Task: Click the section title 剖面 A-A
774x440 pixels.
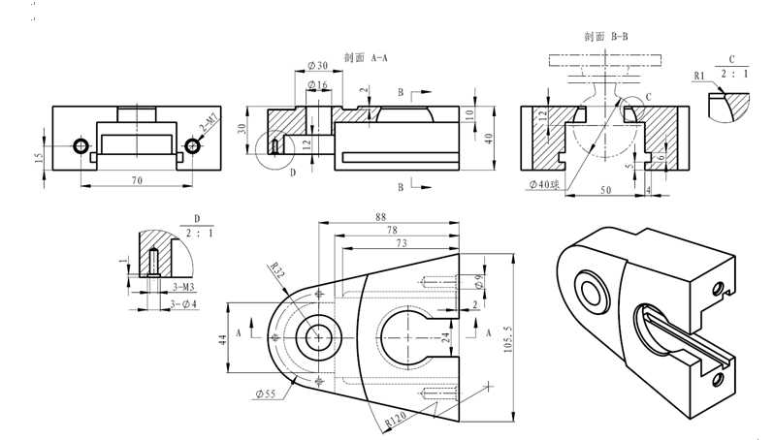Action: point(366,57)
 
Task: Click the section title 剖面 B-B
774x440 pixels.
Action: point(607,36)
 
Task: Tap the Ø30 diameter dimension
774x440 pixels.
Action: point(317,65)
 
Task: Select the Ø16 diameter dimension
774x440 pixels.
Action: point(317,85)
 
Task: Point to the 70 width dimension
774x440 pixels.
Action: point(136,179)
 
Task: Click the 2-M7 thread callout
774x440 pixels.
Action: point(209,123)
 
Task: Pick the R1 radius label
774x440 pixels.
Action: point(699,75)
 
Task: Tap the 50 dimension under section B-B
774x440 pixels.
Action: point(605,191)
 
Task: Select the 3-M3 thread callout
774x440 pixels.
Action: point(180,288)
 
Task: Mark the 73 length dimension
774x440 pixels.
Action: point(400,243)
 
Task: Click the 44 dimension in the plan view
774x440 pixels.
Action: point(222,339)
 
